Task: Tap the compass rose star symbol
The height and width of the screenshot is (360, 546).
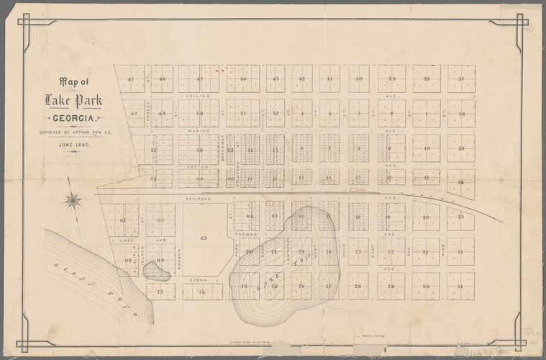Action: point(73,200)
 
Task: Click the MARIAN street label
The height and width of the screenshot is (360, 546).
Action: point(198,131)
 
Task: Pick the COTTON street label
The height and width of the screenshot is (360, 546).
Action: point(199,166)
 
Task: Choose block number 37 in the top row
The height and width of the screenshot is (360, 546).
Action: point(461,78)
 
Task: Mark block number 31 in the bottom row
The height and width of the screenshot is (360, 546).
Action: point(461,286)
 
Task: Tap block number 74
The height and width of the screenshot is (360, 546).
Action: point(201,291)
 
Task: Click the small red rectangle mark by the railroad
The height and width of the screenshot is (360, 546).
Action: point(353,191)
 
